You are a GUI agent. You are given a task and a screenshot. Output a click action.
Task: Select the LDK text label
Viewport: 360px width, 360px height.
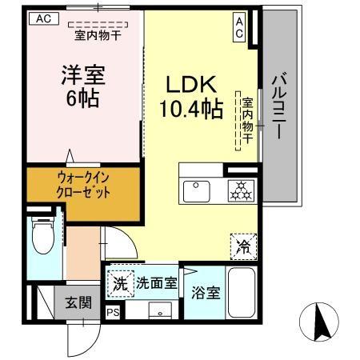point(189,84)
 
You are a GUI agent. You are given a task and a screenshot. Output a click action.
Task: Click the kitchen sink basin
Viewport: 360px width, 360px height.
point(196,191)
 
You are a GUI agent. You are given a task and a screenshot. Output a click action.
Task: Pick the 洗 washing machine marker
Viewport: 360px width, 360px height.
point(119,283)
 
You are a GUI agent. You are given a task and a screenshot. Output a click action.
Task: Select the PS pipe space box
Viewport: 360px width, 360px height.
point(113,312)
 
